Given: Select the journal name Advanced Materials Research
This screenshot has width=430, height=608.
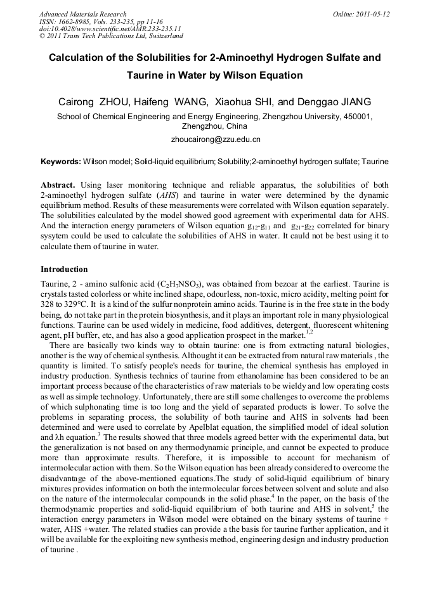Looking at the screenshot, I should pyautogui.click(x=82, y=14).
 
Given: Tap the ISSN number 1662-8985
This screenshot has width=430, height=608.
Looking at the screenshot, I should pyautogui.click(x=75, y=22).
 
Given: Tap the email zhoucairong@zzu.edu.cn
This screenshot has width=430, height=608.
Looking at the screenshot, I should pyautogui.click(x=216, y=139).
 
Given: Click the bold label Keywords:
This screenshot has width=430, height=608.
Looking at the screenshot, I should pyautogui.click(x=60, y=162).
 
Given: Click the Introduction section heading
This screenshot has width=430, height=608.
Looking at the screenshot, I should pyautogui.click(x=64, y=269).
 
